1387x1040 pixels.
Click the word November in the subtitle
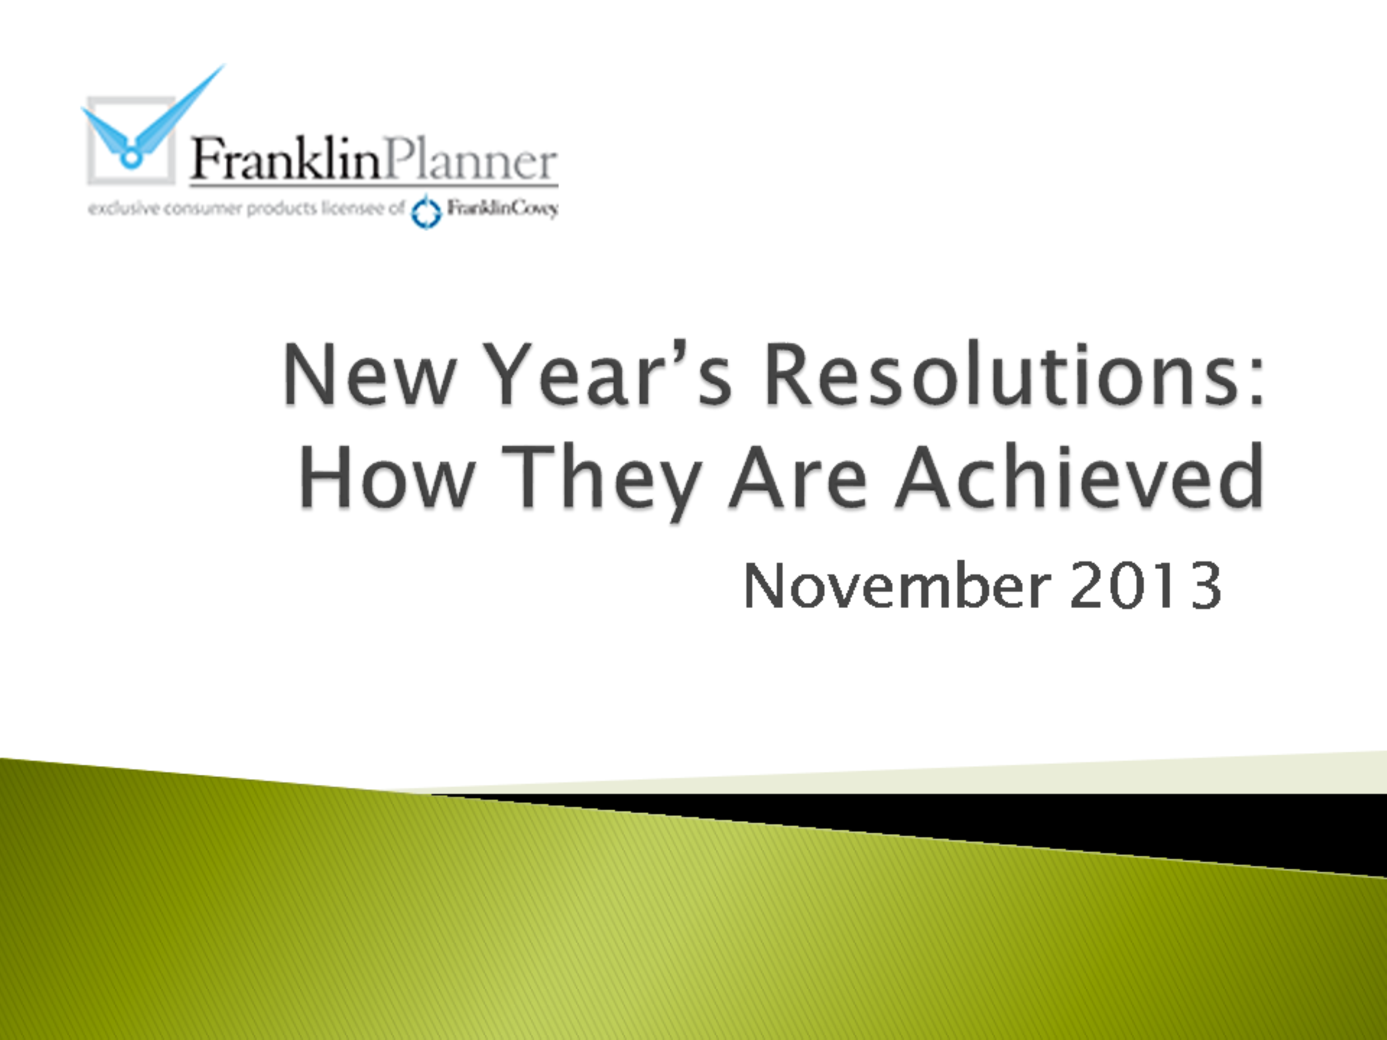(x=896, y=586)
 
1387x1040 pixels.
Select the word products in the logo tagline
(x=282, y=209)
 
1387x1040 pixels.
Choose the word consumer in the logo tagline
(x=197, y=209)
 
